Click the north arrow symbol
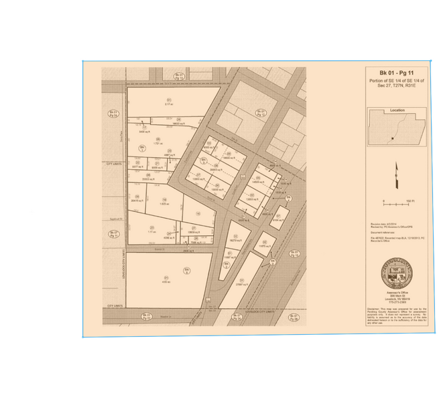pos(395,175)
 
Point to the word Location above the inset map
pos(397,110)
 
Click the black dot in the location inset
pos(393,139)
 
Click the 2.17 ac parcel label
pos(169,104)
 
